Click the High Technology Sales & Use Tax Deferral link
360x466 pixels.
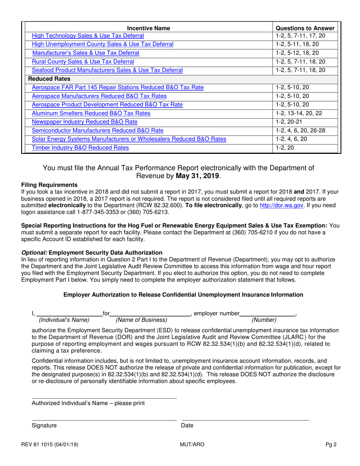(x=88, y=36)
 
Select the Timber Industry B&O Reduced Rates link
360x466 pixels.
(x=80, y=148)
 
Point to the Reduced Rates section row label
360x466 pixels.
(x=48, y=79)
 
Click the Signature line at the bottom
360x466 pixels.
(x=104, y=419)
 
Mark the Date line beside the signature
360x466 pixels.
(x=245, y=419)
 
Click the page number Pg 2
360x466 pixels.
(x=332, y=445)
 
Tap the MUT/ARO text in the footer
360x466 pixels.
(x=192, y=445)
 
